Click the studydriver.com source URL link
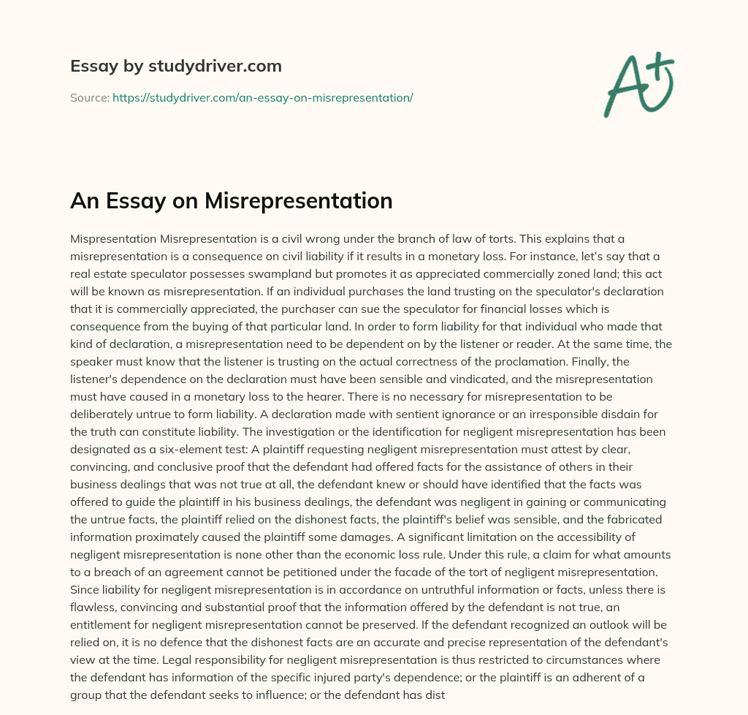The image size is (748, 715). (262, 97)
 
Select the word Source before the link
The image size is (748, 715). (89, 97)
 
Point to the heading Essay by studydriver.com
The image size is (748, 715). (175, 66)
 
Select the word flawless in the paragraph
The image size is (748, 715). (91, 608)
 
